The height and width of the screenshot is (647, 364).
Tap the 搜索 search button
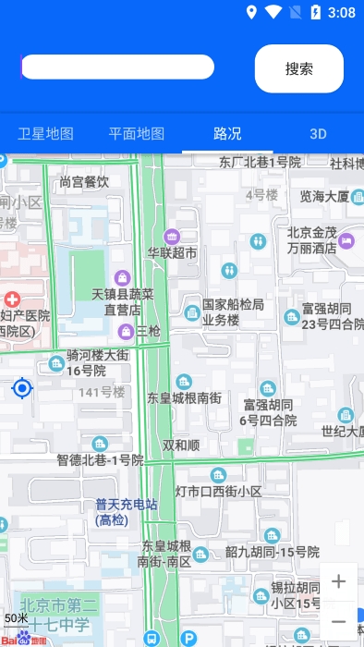coord(298,68)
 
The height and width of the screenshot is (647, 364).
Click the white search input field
coord(117,67)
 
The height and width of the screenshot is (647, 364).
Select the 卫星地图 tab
coord(45,133)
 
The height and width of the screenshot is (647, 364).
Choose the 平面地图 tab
coord(137,133)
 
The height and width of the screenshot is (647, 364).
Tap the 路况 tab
coord(227,133)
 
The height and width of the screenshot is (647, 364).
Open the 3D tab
coord(318,133)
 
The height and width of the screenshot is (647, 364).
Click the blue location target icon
coord(22,388)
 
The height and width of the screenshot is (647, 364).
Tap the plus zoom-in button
coord(339,581)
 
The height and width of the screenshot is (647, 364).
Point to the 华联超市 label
coord(172,252)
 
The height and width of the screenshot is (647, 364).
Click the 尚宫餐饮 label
coord(84,182)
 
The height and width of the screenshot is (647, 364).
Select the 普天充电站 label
coord(127,512)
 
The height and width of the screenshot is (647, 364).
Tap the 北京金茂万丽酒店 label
coord(311,241)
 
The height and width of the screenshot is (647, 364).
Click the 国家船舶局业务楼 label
coord(233,312)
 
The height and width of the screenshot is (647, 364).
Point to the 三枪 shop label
coord(149,331)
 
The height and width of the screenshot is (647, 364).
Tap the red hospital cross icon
coord(12,299)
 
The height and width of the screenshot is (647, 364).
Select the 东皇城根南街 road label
coord(185,398)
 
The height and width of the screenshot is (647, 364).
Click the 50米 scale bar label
coord(16,617)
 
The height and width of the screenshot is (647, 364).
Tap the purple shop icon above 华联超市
coord(171,236)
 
